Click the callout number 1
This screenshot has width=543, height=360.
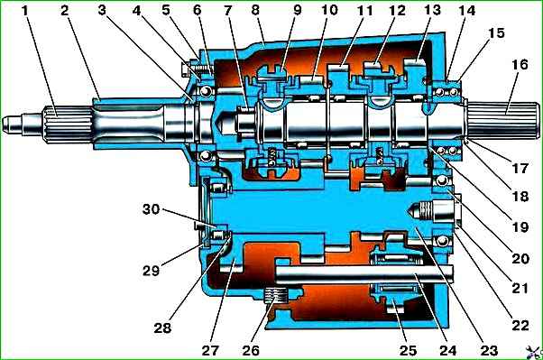click(x=24, y=11)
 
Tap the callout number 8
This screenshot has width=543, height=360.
click(x=255, y=10)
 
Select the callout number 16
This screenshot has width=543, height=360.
click(x=520, y=65)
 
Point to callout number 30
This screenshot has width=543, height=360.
click(x=151, y=209)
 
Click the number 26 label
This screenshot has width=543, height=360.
click(x=251, y=350)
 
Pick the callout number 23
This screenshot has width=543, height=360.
click(x=489, y=350)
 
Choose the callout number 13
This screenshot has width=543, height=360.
click(x=432, y=11)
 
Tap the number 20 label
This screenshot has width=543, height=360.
click(x=520, y=258)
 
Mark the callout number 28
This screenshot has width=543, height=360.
click(x=162, y=328)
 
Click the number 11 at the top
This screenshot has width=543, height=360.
click(x=364, y=11)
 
